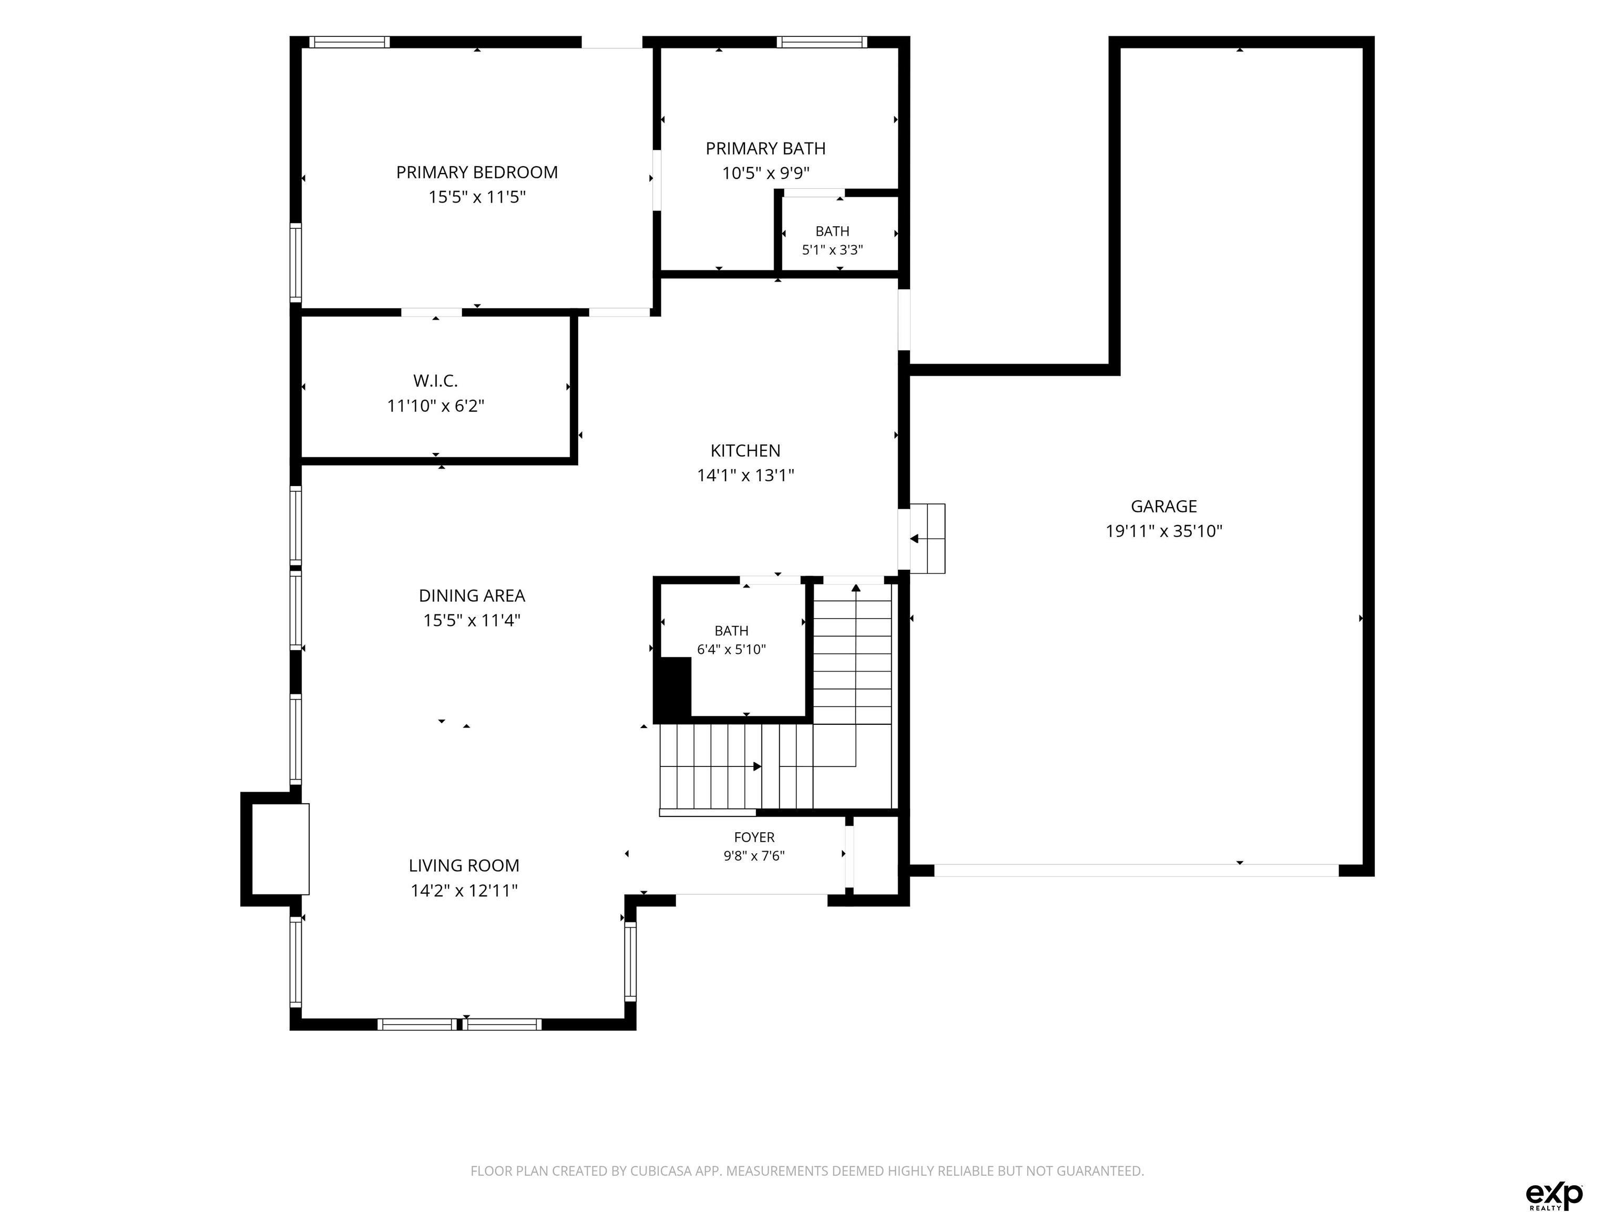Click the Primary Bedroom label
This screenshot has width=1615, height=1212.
pos(477,173)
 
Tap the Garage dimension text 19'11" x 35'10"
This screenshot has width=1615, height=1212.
pos(1164,531)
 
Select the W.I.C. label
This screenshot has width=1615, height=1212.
pos(435,381)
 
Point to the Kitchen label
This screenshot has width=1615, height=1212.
pos(745,451)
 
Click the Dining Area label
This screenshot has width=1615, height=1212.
pos(472,595)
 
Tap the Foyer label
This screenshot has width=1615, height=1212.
pos(754,837)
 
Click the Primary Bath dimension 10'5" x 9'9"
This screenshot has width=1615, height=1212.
pos(766,173)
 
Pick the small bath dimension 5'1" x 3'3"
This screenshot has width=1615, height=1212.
pos(832,250)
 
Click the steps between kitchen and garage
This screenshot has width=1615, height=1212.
pos(927,539)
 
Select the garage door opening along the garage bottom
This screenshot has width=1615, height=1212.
pos(1136,870)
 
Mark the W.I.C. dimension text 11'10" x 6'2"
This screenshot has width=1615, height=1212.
pos(435,406)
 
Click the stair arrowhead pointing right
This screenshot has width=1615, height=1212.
pos(757,766)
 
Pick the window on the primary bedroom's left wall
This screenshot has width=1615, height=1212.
pos(295,262)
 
